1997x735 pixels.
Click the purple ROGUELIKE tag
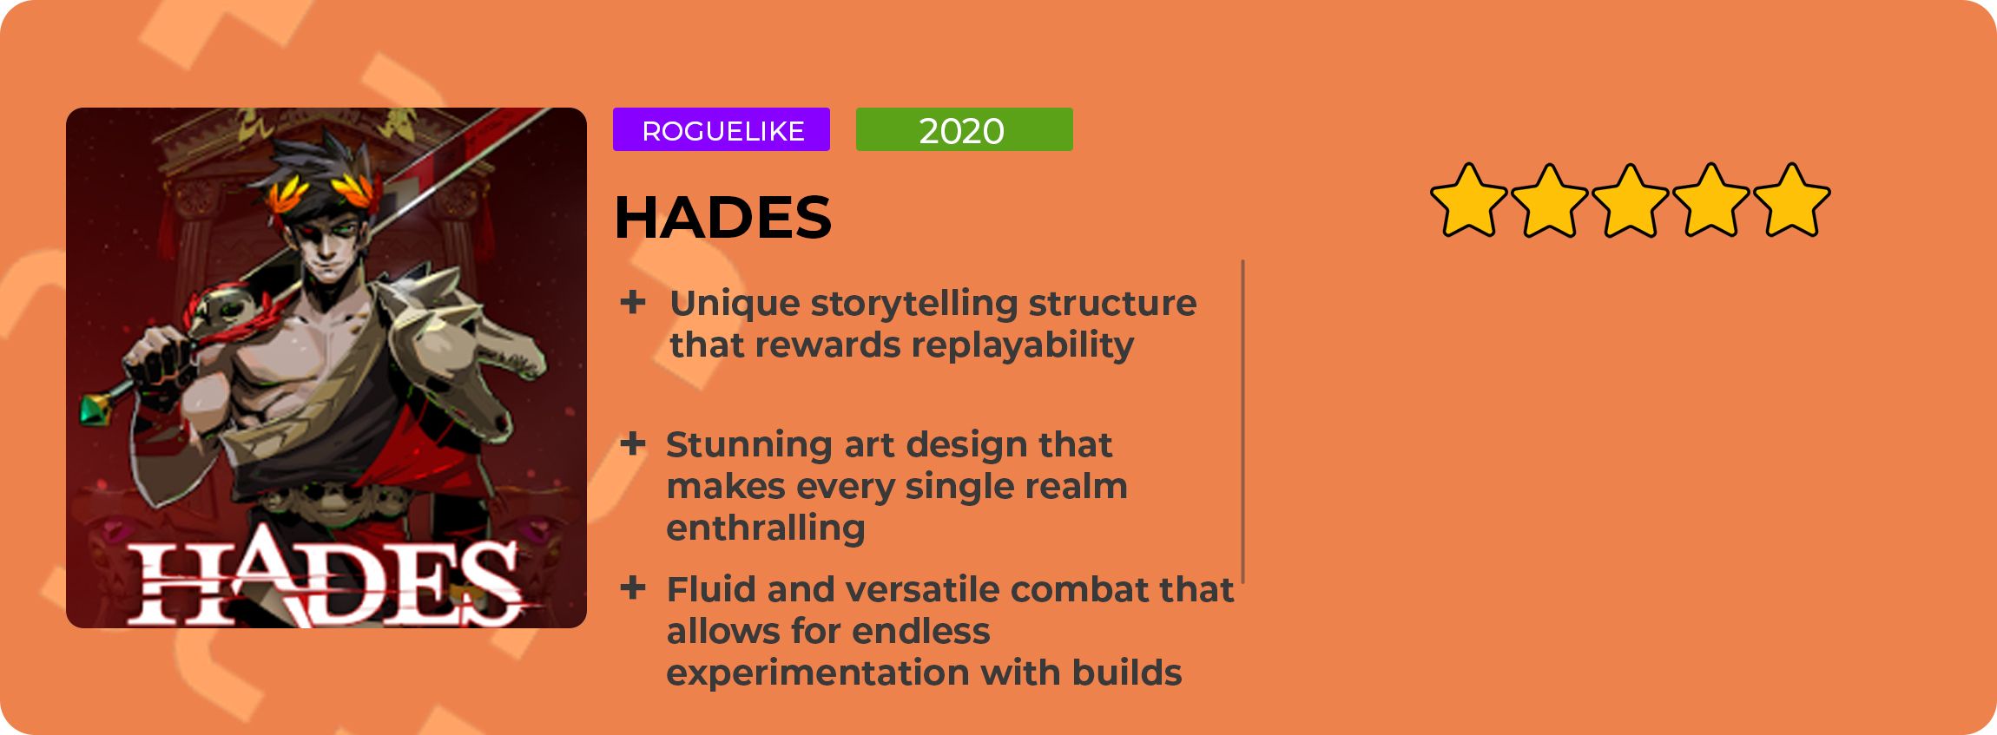click(722, 129)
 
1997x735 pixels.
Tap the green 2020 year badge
click(965, 129)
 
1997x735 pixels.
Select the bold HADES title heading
click(722, 217)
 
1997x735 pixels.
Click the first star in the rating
click(1468, 200)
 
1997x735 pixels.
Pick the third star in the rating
click(1630, 200)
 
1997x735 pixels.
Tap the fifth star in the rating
click(1792, 200)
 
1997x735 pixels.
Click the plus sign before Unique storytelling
click(633, 302)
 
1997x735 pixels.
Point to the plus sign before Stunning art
click(633, 444)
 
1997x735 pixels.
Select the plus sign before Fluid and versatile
click(633, 588)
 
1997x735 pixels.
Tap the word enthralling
click(766, 528)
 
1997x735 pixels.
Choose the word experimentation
click(817, 673)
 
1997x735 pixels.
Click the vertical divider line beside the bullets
click(1243, 422)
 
